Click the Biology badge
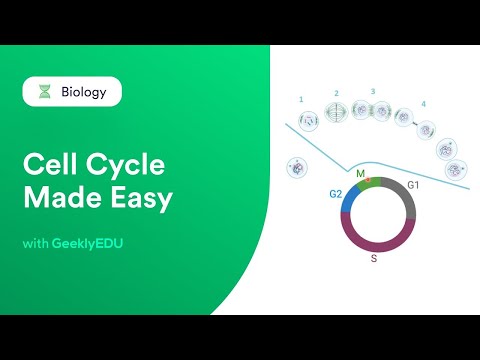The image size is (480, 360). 72,92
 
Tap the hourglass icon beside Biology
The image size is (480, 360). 43,92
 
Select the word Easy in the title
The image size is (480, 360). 140,197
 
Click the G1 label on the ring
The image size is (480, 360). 412,184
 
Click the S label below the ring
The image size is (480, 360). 374,257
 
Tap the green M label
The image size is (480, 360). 361,172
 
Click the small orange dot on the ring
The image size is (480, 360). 368,181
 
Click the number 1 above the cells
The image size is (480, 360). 301,100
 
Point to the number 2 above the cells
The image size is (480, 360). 337,93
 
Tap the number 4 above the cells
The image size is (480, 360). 423,103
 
